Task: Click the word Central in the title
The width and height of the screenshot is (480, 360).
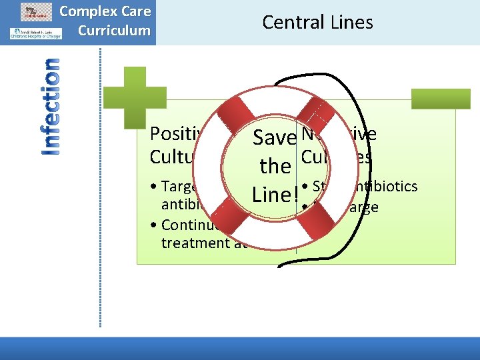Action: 293,22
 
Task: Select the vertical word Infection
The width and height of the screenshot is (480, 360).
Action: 50,107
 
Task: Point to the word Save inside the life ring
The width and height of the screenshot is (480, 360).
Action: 273,137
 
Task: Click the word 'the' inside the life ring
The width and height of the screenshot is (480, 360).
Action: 275,166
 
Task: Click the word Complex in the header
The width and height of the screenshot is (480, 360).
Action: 85,11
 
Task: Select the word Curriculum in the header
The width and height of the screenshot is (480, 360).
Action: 114,31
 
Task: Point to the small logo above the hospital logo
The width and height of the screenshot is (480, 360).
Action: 36,11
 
